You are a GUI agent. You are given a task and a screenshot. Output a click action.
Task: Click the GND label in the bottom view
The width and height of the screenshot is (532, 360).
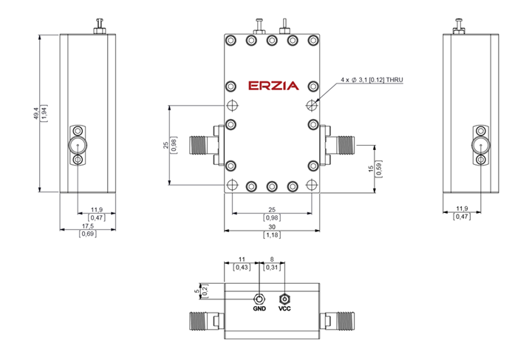click(259, 309)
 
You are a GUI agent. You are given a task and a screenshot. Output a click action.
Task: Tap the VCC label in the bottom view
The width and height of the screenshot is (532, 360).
click(285, 309)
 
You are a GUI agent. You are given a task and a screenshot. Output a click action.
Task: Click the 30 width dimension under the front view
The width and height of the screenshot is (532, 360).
click(272, 228)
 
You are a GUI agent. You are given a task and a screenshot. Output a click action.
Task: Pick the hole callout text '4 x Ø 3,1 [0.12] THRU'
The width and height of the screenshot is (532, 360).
click(372, 79)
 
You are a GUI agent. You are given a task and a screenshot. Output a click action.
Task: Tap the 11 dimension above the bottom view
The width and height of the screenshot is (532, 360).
click(242, 260)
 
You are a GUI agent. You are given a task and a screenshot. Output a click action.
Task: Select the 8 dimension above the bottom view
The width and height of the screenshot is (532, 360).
click(272, 260)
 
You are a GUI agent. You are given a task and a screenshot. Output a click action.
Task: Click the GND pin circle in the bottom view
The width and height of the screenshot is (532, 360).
click(259, 299)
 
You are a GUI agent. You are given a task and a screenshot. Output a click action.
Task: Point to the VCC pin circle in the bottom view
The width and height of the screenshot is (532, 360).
click(285, 299)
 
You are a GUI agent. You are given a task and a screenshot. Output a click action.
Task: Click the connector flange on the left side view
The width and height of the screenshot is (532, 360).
click(78, 146)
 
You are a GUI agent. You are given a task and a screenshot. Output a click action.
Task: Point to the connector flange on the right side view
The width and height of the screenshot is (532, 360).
click(481, 146)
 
